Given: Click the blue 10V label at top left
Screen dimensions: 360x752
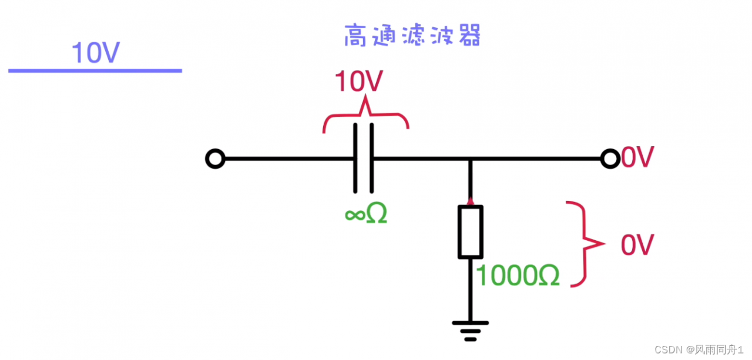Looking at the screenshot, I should coord(95,53).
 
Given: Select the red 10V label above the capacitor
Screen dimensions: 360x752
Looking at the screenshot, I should coord(358,82).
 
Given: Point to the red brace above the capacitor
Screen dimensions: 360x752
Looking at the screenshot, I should coord(365,117).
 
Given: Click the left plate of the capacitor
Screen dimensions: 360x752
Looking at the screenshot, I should coord(355,159).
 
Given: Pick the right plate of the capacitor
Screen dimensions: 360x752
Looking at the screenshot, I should coord(371,159).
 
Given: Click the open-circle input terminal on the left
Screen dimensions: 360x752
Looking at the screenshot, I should coord(215,159).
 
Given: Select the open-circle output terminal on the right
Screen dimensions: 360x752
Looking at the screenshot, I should coord(610,159).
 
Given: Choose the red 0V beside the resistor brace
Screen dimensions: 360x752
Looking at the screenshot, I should coord(637,245).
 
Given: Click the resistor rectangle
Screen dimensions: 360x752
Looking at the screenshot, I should coord(470,232).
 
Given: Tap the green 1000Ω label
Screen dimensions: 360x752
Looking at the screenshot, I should coord(518,275).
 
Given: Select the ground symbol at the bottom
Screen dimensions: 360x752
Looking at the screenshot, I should coord(470,330).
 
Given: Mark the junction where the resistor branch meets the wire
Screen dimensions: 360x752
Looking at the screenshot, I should coord(470,159).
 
